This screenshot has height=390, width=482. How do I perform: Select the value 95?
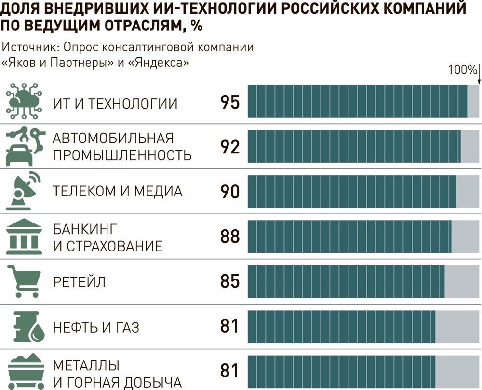coord(230,102)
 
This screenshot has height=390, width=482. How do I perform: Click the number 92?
coord(230,147)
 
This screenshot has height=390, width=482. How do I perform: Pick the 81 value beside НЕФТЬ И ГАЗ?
coord(230,327)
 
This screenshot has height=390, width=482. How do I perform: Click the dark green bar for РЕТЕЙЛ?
coord(346,282)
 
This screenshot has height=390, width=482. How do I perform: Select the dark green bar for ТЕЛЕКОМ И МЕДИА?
coord(351,192)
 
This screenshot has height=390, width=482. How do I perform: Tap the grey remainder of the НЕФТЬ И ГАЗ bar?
coord(457,327)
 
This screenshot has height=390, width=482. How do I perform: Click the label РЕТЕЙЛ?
coord(79,282)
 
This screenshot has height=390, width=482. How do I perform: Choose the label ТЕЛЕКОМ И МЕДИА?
coord(118,191)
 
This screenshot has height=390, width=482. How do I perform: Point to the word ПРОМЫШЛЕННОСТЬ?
coord(122,155)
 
